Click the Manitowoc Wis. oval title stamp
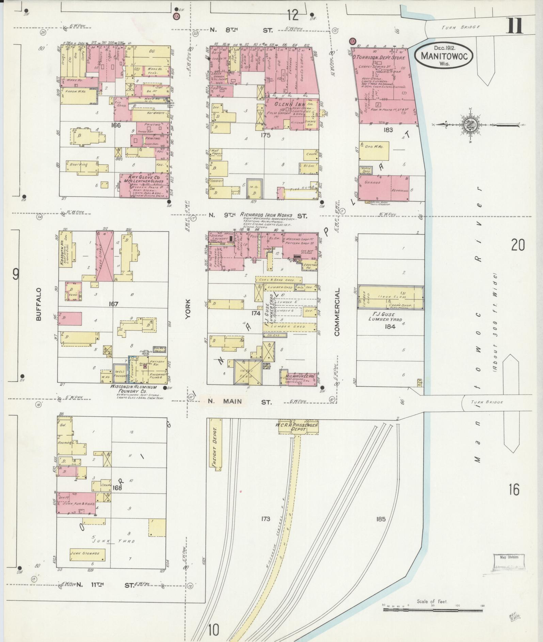[x=444, y=56]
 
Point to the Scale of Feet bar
[x=432, y=609]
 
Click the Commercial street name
[x=337, y=312]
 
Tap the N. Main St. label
[x=238, y=402]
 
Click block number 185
[x=381, y=519]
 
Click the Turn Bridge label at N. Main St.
[x=487, y=402]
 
